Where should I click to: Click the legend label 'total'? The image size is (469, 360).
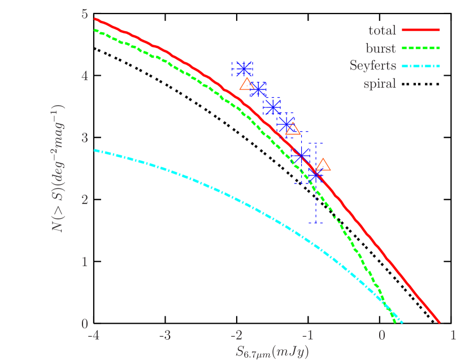click(382, 31)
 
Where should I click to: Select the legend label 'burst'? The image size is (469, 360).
click(381, 49)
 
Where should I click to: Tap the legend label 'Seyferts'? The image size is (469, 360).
click(372, 66)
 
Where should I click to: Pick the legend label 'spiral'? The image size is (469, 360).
click(380, 84)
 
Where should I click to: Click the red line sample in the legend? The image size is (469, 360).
click(420, 31)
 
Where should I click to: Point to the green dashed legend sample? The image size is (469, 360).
click(420, 49)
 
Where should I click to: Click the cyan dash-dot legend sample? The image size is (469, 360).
click(420, 66)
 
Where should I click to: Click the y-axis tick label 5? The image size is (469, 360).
click(85, 14)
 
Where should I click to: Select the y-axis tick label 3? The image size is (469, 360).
click(85, 138)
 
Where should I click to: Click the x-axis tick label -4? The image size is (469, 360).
click(93, 336)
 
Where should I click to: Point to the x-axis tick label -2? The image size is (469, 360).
click(236, 336)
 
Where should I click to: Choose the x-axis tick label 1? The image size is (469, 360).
click(452, 336)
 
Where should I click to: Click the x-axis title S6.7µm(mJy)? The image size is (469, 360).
click(272, 352)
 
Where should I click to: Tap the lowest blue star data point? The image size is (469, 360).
click(315, 176)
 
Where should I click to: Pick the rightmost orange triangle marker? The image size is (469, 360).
click(323, 165)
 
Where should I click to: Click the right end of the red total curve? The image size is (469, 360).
click(439, 322)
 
